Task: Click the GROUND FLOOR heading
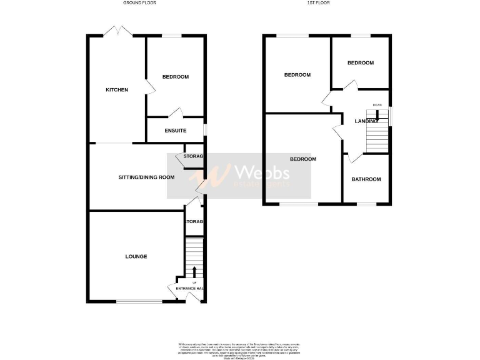(139, 3)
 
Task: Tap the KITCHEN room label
(117, 90)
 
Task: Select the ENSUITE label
(176, 131)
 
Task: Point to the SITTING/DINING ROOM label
(146, 177)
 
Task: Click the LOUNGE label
(136, 256)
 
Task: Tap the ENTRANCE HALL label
(190, 288)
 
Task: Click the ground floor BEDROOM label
(175, 77)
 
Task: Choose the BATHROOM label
(366, 179)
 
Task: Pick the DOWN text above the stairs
(377, 104)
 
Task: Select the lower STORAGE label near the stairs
(194, 222)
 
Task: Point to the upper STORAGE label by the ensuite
(194, 156)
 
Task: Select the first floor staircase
(377, 134)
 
